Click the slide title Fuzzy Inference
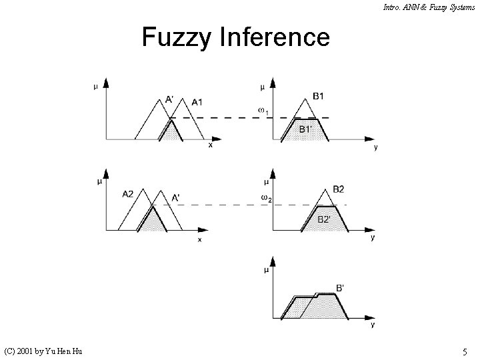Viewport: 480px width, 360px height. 235,37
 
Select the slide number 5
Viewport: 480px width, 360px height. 464,351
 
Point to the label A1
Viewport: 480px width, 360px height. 197,102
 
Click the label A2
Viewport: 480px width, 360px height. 128,194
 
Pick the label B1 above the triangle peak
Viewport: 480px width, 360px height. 318,96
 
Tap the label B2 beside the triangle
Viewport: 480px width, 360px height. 339,189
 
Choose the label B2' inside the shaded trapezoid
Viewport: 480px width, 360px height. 324,219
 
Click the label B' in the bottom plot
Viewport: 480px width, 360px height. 340,288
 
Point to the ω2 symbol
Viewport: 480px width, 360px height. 267,198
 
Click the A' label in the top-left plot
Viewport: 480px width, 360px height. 170,100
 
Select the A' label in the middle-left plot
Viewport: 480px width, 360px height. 175,197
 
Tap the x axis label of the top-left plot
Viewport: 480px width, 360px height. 211,145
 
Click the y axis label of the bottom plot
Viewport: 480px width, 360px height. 372,325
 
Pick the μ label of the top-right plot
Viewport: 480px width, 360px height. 263,87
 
